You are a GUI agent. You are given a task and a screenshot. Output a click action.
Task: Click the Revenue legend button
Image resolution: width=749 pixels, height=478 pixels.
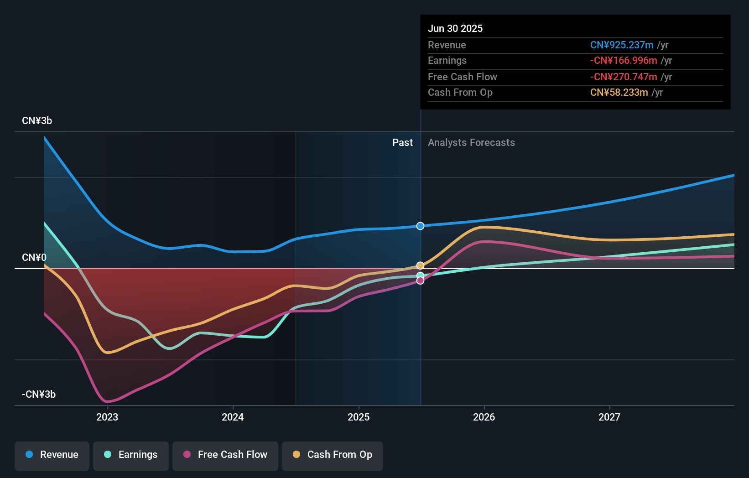pyautogui.click(x=52, y=455)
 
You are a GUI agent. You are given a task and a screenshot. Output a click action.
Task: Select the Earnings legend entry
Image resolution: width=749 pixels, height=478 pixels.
pyautogui.click(x=131, y=455)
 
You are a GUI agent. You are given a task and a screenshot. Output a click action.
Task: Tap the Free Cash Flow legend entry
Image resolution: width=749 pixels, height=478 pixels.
pyautogui.click(x=225, y=455)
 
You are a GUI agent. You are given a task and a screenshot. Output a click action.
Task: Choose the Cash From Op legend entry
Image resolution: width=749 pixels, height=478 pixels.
pyautogui.click(x=333, y=455)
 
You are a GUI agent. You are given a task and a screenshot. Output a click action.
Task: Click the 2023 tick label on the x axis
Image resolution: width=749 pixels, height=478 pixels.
pyautogui.click(x=107, y=417)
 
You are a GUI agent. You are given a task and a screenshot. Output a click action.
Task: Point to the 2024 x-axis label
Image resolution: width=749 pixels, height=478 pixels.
pyautogui.click(x=233, y=417)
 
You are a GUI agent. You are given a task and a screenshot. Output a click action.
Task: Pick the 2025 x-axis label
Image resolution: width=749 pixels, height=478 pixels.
pyautogui.click(x=359, y=417)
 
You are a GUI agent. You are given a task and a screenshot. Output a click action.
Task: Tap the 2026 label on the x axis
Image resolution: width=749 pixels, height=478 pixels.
pyautogui.click(x=484, y=417)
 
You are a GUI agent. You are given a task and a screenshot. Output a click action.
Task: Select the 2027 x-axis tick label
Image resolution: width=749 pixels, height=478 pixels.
pyautogui.click(x=609, y=417)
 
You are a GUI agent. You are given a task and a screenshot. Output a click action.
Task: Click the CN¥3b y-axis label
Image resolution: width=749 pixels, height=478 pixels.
pyautogui.click(x=37, y=121)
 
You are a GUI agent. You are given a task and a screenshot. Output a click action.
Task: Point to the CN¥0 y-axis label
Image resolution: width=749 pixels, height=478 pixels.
pyautogui.click(x=34, y=258)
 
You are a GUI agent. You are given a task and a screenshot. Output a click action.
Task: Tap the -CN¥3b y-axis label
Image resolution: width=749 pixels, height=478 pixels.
pyautogui.click(x=39, y=395)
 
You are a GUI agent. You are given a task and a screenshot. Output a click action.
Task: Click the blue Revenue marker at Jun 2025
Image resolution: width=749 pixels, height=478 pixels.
pyautogui.click(x=420, y=226)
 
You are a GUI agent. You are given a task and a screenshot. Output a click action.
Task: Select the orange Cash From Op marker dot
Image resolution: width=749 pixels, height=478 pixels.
pyautogui.click(x=420, y=265)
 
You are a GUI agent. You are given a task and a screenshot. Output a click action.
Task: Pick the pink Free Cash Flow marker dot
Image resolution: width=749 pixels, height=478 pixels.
pyautogui.click(x=420, y=281)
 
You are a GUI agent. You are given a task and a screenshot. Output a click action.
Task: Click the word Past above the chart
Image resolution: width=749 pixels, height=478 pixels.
pyautogui.click(x=402, y=143)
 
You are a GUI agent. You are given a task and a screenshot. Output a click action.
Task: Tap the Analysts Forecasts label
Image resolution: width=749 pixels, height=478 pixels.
pyautogui.click(x=471, y=143)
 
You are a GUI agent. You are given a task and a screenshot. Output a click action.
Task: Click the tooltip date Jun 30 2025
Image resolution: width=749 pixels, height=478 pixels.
pyautogui.click(x=455, y=29)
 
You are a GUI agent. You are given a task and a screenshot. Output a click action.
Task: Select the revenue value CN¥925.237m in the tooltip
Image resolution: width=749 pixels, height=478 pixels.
pyautogui.click(x=622, y=45)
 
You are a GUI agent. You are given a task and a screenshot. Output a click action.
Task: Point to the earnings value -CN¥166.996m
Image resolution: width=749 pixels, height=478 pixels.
pyautogui.click(x=624, y=61)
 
